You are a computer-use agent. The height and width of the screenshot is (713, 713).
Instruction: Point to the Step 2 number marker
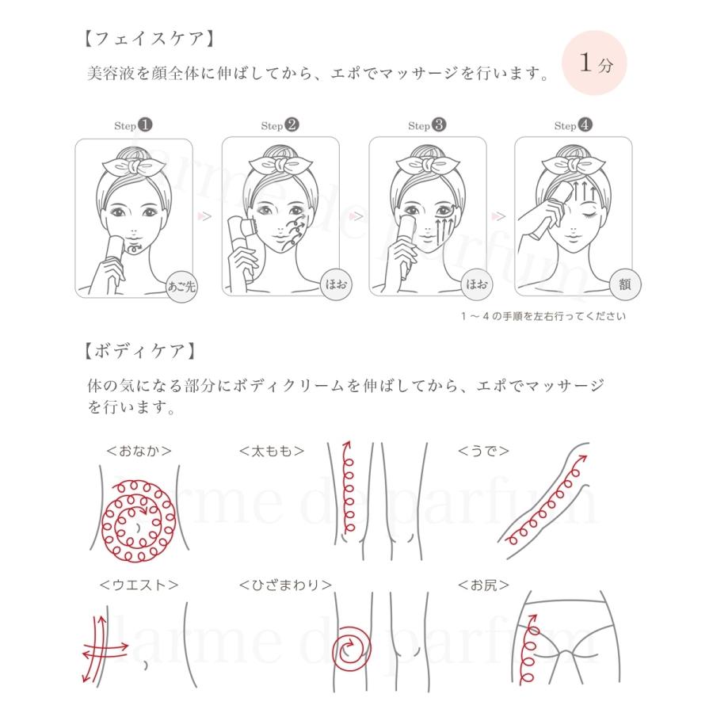click(x=292, y=125)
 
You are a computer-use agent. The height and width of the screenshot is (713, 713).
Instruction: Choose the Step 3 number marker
click(x=439, y=125)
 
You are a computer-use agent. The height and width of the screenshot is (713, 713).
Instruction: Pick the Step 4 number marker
click(x=585, y=125)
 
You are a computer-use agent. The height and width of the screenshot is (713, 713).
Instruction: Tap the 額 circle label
click(x=624, y=284)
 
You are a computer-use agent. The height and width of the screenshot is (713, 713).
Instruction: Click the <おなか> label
click(x=139, y=452)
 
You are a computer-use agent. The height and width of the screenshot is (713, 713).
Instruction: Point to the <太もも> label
click(x=272, y=452)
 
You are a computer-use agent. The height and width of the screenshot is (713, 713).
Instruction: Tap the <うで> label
click(x=483, y=452)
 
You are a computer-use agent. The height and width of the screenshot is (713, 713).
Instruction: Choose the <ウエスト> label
click(x=139, y=585)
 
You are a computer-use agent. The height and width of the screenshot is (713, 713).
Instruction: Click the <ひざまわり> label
click(x=285, y=585)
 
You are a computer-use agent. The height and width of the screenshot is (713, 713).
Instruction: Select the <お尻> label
click(x=483, y=585)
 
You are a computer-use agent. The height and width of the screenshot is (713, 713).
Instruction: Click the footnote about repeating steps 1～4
click(x=543, y=316)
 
